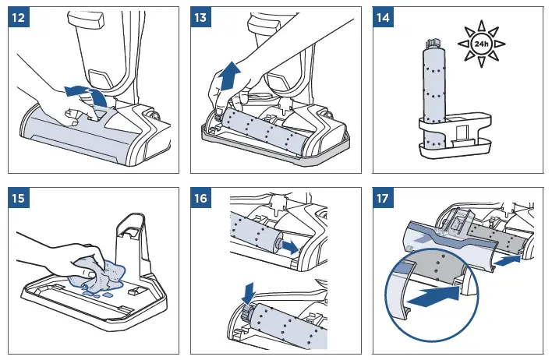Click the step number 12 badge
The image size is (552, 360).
19,17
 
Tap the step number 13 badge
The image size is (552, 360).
201,17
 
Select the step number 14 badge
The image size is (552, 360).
384,17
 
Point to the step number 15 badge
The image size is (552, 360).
19,198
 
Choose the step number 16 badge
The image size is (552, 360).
201,198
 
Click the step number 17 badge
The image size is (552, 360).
384,198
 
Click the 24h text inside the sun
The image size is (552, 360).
481,44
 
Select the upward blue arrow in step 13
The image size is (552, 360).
230,76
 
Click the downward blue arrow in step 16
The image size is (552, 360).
249,293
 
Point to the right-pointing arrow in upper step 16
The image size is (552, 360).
291,247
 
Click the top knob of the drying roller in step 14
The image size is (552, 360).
432,44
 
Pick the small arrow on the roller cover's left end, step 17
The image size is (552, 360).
421,239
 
